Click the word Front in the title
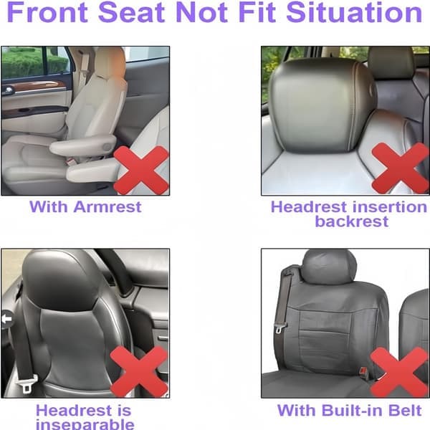coord(47,12)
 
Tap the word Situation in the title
coord(354,12)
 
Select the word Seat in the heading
coord(132,12)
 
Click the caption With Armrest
coord(85,206)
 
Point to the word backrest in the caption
coord(352,221)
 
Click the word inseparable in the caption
coord(85,424)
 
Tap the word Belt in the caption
coord(405,410)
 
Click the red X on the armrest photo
coord(141,170)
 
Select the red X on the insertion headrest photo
coord(401,168)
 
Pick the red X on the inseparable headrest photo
coord(139,371)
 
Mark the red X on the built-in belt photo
coord(399,372)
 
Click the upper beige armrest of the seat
coord(83,145)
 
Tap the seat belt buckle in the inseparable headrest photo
coord(27,383)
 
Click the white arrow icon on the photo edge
coord(7,319)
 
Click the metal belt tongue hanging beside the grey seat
coord(280,328)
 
